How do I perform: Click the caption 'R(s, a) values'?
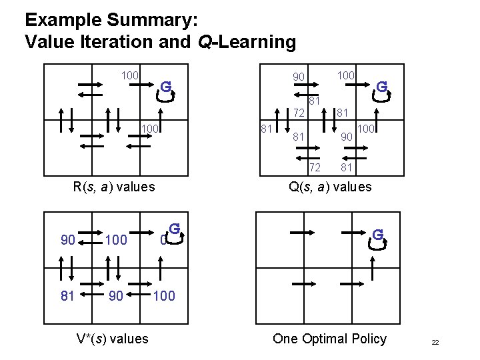pos(113,187)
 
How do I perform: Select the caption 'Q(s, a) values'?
pos(330,187)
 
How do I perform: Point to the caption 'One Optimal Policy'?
pos(329,339)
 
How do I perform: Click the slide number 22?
pos(435,342)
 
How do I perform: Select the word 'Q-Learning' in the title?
pos(247,42)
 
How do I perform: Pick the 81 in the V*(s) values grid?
pos(67,295)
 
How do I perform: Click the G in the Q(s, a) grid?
pos(381,87)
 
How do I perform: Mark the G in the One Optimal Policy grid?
pos(377,235)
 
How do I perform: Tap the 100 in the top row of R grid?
pos(129,75)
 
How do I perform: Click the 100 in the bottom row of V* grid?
pos(164,295)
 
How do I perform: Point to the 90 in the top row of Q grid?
pos(298,78)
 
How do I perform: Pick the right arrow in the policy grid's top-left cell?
pos(302,231)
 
